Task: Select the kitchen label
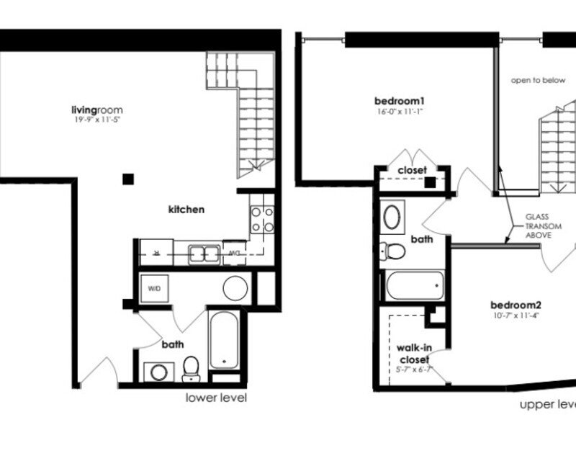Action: tap(186, 210)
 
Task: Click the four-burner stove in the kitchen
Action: tap(261, 219)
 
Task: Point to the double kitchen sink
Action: tap(204, 254)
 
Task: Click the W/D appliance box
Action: tap(155, 289)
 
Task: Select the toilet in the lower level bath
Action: tap(191, 369)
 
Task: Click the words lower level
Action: tap(217, 398)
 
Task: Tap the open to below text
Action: tap(538, 81)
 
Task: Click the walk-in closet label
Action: tap(413, 353)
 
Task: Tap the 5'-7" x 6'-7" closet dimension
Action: tap(413, 370)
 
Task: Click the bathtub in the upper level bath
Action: tap(413, 287)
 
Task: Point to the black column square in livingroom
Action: tap(127, 179)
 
